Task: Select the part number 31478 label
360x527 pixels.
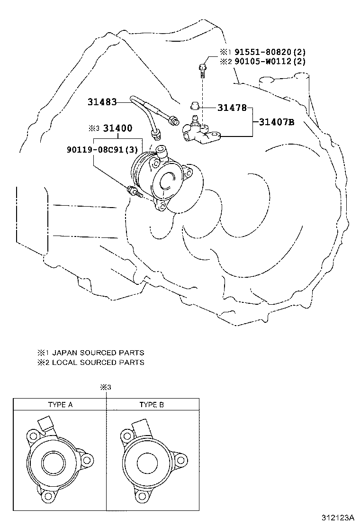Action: [232, 108]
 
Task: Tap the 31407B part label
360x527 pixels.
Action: [277, 122]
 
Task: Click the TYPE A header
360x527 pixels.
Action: [60, 405]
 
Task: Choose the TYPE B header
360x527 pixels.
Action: [152, 405]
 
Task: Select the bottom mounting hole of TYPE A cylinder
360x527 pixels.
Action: [48, 495]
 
